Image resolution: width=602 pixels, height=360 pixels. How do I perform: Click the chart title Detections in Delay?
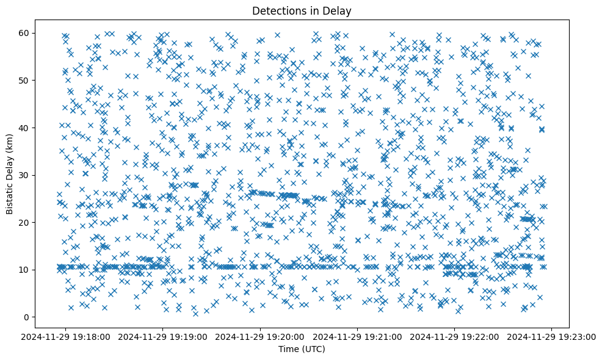coord(302,10)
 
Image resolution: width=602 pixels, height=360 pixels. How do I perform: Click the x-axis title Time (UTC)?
coord(302,350)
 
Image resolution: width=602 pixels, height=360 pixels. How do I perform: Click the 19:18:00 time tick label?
coord(66,336)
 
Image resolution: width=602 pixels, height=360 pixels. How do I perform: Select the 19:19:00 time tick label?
coord(163,336)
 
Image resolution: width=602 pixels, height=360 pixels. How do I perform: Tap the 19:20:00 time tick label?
coord(261,336)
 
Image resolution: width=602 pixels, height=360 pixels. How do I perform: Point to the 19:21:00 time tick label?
coord(358,336)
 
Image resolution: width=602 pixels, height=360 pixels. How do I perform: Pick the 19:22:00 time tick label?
coord(455,336)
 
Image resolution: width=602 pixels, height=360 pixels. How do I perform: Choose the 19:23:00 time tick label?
coord(552,336)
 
